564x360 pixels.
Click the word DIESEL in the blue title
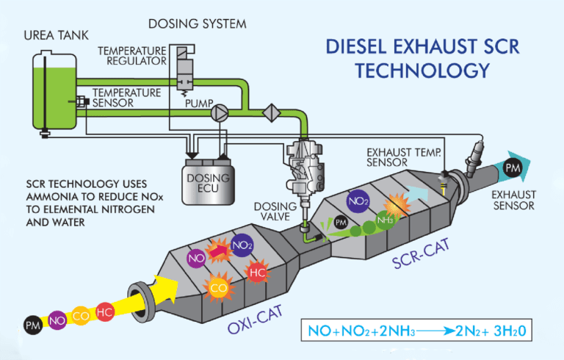(x=362, y=48)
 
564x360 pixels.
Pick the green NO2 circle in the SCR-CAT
(x=358, y=200)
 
